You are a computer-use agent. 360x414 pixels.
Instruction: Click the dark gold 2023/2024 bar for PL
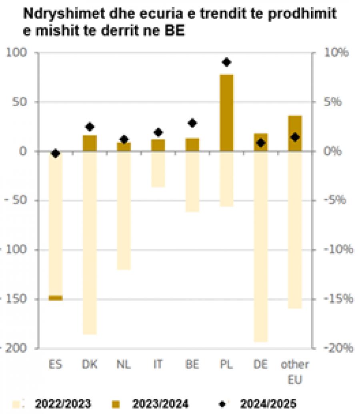226,113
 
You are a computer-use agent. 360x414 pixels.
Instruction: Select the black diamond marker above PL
226,62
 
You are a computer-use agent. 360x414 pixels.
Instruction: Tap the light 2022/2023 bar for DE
261,247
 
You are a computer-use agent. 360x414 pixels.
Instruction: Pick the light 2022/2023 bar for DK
90,243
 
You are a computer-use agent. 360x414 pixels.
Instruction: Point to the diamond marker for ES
56,153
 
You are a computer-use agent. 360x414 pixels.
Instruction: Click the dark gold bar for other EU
295,133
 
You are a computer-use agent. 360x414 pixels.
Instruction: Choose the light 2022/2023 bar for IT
158,169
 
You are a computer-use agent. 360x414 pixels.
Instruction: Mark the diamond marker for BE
192,123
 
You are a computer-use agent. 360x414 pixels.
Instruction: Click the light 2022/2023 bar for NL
124,211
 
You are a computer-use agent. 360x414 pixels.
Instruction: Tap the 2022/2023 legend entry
52,404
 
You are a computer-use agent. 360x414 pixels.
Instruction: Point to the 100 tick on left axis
17,52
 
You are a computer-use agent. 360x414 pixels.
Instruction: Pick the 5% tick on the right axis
333,102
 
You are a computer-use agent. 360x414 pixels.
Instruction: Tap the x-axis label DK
90,364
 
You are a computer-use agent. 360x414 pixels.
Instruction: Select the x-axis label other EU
295,372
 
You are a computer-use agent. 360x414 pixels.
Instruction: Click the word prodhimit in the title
302,14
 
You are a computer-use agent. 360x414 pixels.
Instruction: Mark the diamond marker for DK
90,127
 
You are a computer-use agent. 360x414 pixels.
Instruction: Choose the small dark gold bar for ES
56,298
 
